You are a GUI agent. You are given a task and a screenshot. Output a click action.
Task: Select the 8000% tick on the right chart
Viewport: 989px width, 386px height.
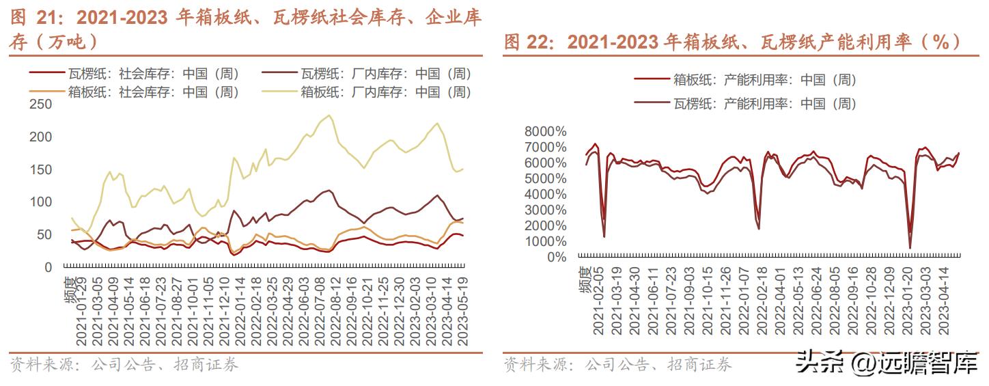pos(545,131)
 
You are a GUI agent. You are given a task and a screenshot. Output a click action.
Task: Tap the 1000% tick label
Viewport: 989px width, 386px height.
pos(545,241)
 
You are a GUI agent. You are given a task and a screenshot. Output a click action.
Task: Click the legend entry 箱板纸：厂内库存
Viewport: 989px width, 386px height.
pos(386,92)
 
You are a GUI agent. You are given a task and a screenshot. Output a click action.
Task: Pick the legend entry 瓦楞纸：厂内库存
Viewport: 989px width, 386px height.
pos(386,74)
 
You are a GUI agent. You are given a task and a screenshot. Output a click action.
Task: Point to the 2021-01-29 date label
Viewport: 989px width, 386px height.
pos(81,311)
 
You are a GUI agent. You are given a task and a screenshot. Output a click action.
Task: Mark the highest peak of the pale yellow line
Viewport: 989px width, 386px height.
pos(331,115)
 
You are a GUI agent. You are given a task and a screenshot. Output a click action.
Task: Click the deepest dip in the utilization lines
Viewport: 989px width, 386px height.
pos(910,248)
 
